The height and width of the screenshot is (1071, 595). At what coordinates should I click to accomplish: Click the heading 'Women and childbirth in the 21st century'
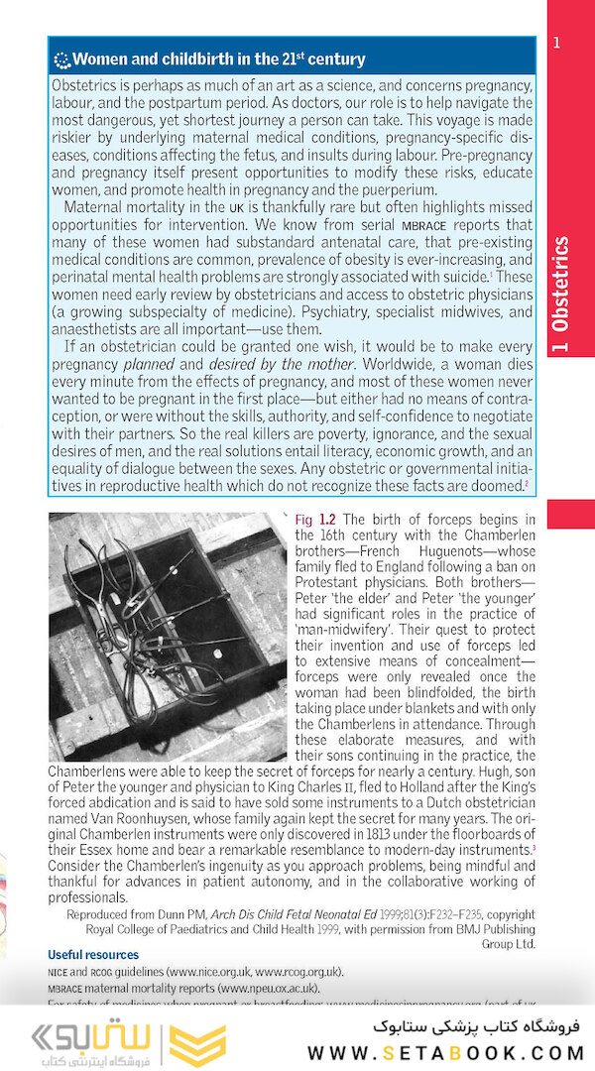pos(218,59)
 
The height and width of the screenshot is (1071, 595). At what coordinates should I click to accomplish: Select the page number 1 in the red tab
pos(557,43)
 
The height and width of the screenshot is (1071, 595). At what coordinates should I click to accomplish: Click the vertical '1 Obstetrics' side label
pos(560,284)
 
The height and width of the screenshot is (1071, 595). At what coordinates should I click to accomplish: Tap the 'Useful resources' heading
pos(93,955)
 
